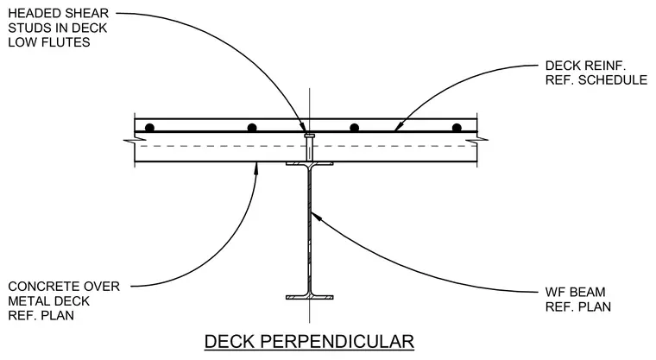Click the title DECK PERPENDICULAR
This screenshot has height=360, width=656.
click(309, 341)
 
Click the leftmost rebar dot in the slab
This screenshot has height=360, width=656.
click(149, 128)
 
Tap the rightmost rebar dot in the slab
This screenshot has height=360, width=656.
click(457, 128)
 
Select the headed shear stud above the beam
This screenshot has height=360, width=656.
click(309, 148)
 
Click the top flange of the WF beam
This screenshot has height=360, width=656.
click(310, 164)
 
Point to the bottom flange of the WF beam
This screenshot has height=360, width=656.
click(310, 297)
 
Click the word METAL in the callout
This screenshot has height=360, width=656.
click(27, 301)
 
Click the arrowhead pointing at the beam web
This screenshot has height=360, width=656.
click(315, 216)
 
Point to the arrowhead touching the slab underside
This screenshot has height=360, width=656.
click(257, 167)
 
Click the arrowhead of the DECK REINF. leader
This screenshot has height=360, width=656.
click(398, 126)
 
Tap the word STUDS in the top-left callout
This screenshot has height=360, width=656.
click(28, 28)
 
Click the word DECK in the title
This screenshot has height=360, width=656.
click(229, 341)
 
